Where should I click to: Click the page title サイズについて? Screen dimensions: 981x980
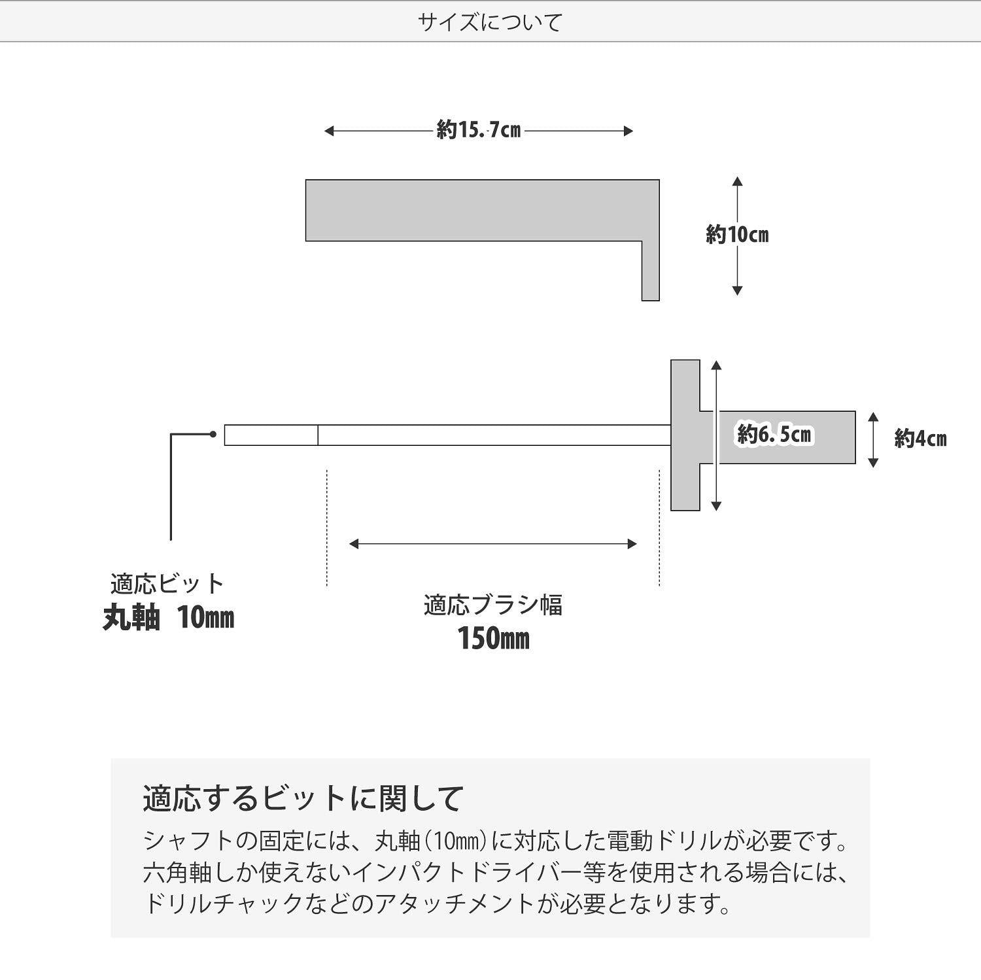490,23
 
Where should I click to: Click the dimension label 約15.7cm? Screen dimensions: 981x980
479,131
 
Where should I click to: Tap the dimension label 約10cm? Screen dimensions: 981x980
737,234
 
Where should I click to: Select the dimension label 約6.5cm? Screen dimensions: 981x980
774,434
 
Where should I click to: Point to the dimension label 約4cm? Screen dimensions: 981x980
920,439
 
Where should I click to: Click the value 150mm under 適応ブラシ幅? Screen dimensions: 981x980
493,639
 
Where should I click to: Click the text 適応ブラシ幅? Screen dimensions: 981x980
492,605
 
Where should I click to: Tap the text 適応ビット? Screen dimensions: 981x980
167,583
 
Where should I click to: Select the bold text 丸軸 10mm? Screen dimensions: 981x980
168,617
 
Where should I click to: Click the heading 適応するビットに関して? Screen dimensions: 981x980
303,798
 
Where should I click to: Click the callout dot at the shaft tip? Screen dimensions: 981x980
213,434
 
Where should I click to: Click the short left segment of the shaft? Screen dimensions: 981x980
271,435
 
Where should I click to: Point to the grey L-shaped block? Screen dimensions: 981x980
482,211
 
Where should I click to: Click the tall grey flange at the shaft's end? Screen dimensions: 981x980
685,435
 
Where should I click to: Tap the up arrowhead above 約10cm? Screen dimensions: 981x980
737,181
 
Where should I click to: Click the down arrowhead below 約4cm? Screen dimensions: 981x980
872,463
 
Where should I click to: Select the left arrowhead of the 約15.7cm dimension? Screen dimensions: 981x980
329,131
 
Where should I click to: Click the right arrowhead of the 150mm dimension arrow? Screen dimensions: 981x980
632,544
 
